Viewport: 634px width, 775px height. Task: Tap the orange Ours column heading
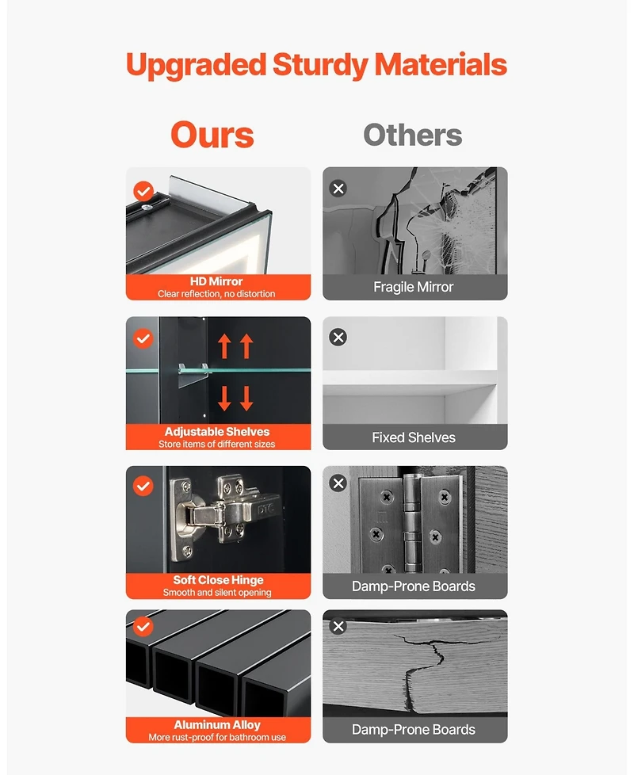coord(212,135)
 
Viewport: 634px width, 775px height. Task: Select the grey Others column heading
coord(413,135)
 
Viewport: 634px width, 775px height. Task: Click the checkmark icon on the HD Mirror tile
coord(143,191)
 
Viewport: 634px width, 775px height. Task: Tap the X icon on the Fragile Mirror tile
coord(338,189)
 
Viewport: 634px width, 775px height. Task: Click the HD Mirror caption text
coord(216,281)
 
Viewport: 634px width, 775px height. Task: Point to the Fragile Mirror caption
coord(414,287)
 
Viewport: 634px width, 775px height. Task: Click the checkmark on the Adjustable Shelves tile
coord(143,338)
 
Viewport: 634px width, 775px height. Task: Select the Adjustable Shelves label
coord(217,432)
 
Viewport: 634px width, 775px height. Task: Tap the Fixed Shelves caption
coord(414,437)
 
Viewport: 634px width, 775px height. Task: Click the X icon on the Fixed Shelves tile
coord(338,337)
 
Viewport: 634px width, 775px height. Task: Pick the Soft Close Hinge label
coord(218,580)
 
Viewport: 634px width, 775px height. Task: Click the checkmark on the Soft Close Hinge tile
coord(143,486)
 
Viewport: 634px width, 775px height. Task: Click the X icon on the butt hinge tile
coord(338,483)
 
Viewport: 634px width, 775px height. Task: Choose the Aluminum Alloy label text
coord(217,724)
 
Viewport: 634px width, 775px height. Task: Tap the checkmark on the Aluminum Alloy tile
coord(143,626)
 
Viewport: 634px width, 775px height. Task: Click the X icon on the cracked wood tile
coord(338,626)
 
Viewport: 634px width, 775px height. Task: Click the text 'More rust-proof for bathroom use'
coord(217,737)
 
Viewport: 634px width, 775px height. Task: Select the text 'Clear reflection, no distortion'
coord(216,293)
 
